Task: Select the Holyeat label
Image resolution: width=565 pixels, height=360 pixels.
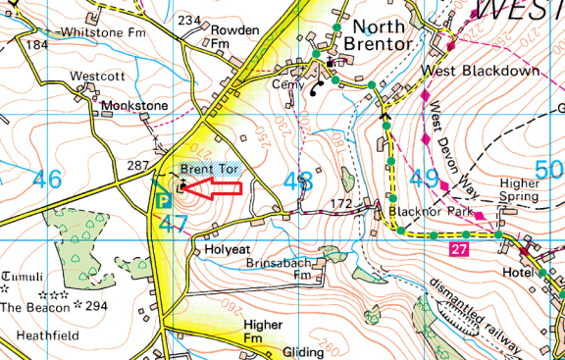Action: (x=228, y=250)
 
